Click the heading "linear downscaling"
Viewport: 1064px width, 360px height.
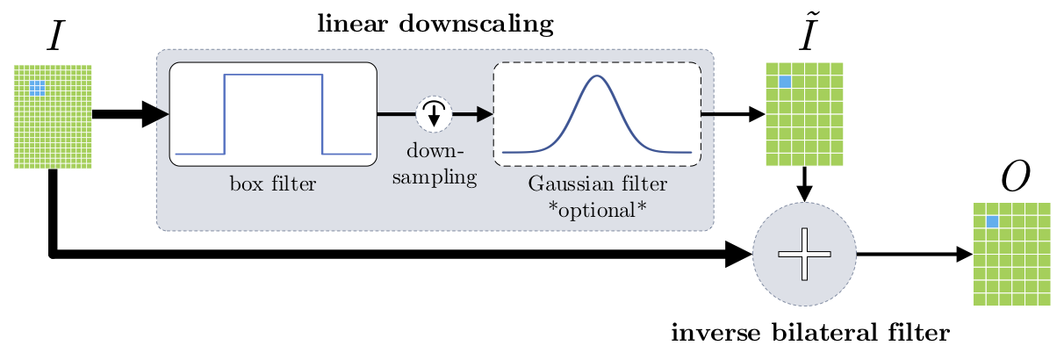(435, 24)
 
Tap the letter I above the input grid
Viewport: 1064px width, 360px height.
(52, 39)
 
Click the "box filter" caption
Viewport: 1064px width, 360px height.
(272, 184)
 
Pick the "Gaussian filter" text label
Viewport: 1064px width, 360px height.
(597, 184)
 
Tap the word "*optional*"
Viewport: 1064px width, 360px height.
(597, 209)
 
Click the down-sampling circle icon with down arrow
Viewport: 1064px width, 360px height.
(434, 113)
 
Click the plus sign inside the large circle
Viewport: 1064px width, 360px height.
(804, 255)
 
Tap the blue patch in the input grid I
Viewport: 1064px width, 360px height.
(37, 88)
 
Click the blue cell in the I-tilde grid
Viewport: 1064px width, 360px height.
(785, 82)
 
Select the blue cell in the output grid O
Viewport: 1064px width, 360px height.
(993, 222)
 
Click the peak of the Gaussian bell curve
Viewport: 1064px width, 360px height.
(597, 76)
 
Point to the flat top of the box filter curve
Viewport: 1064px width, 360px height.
(274, 76)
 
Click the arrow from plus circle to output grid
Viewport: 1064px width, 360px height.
(913, 255)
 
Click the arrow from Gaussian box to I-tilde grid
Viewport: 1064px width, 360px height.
(733, 113)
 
